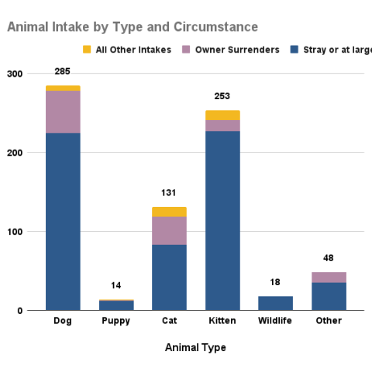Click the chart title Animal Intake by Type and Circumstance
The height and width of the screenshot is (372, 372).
click(133, 27)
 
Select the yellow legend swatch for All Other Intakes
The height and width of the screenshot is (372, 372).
click(87, 50)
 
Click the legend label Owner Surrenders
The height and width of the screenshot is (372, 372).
click(237, 50)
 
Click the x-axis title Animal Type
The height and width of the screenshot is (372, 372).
click(195, 347)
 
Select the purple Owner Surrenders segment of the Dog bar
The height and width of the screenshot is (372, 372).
click(63, 112)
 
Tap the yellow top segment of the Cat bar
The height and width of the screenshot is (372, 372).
click(169, 212)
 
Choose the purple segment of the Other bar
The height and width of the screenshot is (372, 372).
click(329, 277)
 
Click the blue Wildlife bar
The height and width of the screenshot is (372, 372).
click(275, 303)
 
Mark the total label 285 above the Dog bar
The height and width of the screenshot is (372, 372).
click(63, 72)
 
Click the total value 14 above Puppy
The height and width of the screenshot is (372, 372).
click(116, 285)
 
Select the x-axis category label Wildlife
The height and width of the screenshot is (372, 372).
click(275, 321)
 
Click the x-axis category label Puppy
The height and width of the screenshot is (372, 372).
click(116, 321)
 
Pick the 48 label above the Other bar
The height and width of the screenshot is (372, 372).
click(329, 258)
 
